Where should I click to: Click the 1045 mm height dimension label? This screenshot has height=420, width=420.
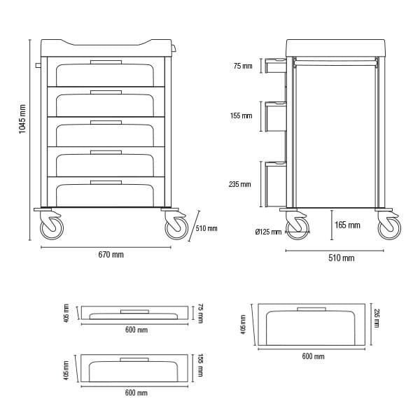pyautogui.click(x=22, y=119)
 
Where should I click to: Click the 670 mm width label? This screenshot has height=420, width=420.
pyautogui.click(x=111, y=255)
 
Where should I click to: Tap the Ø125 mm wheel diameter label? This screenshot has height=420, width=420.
pyautogui.click(x=268, y=232)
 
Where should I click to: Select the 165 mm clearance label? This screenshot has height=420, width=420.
pyautogui.click(x=347, y=225)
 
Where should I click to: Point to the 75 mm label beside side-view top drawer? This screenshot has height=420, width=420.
pyautogui.click(x=243, y=66)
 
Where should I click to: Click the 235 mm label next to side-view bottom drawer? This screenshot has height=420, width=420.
pyautogui.click(x=240, y=184)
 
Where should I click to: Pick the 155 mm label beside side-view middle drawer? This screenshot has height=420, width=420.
pyautogui.click(x=241, y=115)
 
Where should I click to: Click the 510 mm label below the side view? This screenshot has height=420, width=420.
pyautogui.click(x=342, y=258)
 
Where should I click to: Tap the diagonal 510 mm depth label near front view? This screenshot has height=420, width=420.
pyautogui.click(x=206, y=228)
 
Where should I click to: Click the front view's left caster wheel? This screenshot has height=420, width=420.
pyautogui.click(x=52, y=228)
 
